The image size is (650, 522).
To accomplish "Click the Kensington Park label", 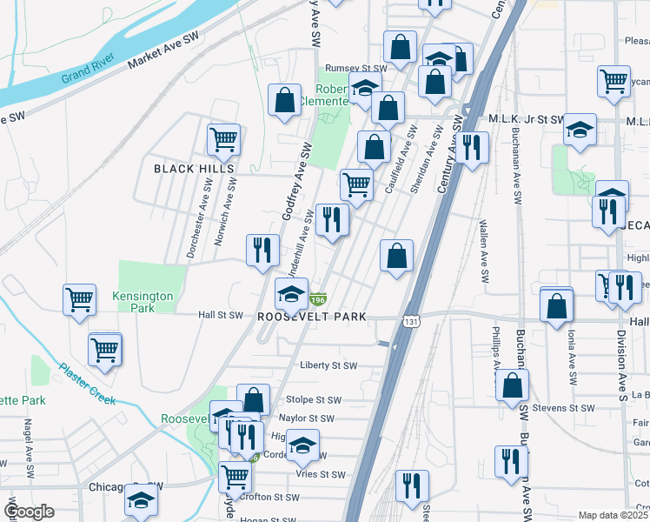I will point(143,302).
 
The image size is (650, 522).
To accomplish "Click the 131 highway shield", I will point(408,322).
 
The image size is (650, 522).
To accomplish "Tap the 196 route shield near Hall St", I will point(319,299).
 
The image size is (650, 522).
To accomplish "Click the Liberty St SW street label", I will point(328,366).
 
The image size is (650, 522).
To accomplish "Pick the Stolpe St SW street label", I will point(314,400).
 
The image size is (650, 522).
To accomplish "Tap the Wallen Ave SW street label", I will point(483,251).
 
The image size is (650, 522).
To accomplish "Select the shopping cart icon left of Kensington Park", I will point(79,298).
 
